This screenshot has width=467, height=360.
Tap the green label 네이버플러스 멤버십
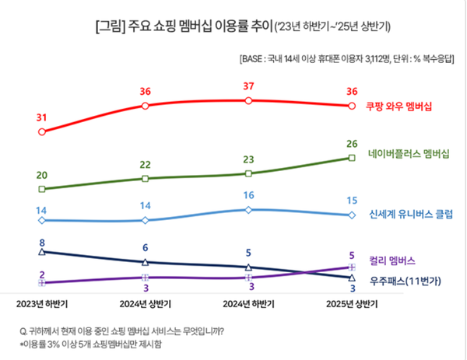408,154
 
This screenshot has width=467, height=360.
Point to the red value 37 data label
248,86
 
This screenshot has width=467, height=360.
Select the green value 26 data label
352,143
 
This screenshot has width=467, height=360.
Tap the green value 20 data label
41,175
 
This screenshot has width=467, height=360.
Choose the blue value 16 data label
248,196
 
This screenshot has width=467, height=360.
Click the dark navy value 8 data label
41,243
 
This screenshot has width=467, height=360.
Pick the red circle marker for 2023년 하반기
41,132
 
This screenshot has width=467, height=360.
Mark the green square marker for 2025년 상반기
352,158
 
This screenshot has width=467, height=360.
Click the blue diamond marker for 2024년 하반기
248,210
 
